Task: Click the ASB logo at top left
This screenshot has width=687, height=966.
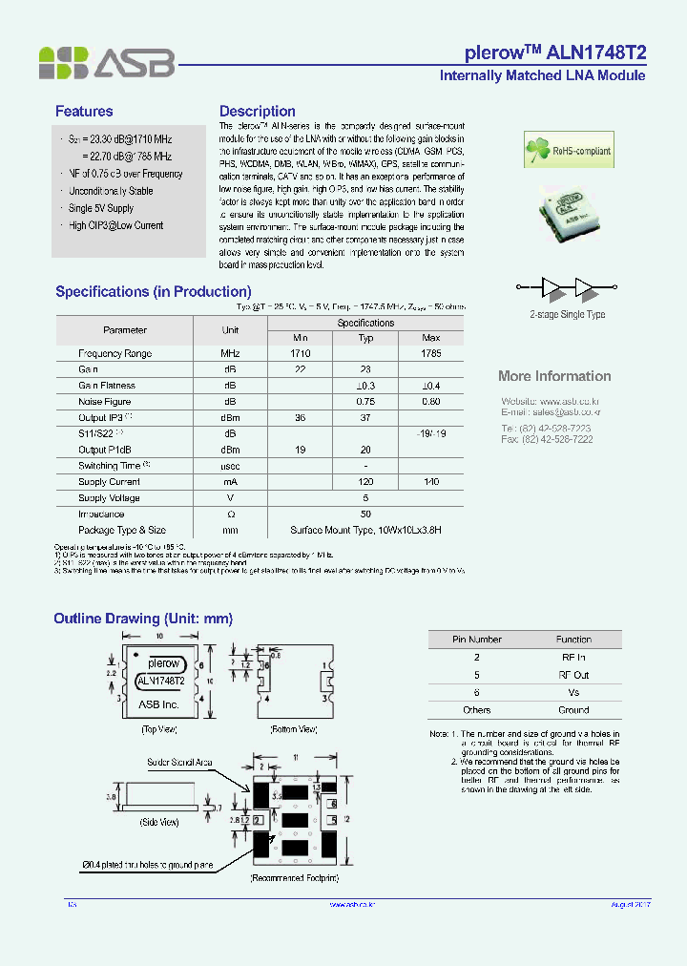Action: [x=107, y=63]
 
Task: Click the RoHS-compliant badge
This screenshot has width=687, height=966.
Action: [x=567, y=149]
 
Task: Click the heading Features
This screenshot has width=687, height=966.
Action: [x=84, y=112]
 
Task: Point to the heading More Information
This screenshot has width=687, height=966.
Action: [x=554, y=376]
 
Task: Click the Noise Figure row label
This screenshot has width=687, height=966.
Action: [x=105, y=402]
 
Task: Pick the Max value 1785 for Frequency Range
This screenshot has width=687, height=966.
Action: [x=430, y=353]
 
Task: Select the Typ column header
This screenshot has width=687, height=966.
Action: [x=365, y=338]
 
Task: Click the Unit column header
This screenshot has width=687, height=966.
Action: [x=230, y=329]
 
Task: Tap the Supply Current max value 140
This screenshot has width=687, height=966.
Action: [x=430, y=482]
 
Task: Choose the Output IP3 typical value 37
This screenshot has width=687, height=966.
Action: [x=365, y=418]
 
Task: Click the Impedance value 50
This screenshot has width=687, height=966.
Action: [x=365, y=514]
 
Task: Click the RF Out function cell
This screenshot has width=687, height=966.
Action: [x=573, y=675]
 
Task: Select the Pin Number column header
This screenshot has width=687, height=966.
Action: [x=476, y=640]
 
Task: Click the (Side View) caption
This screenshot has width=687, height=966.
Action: [x=159, y=822]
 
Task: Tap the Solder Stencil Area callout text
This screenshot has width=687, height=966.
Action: [x=179, y=763]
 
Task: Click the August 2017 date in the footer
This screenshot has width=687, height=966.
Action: [x=630, y=904]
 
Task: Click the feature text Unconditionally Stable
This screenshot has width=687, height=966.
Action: [x=111, y=191]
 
